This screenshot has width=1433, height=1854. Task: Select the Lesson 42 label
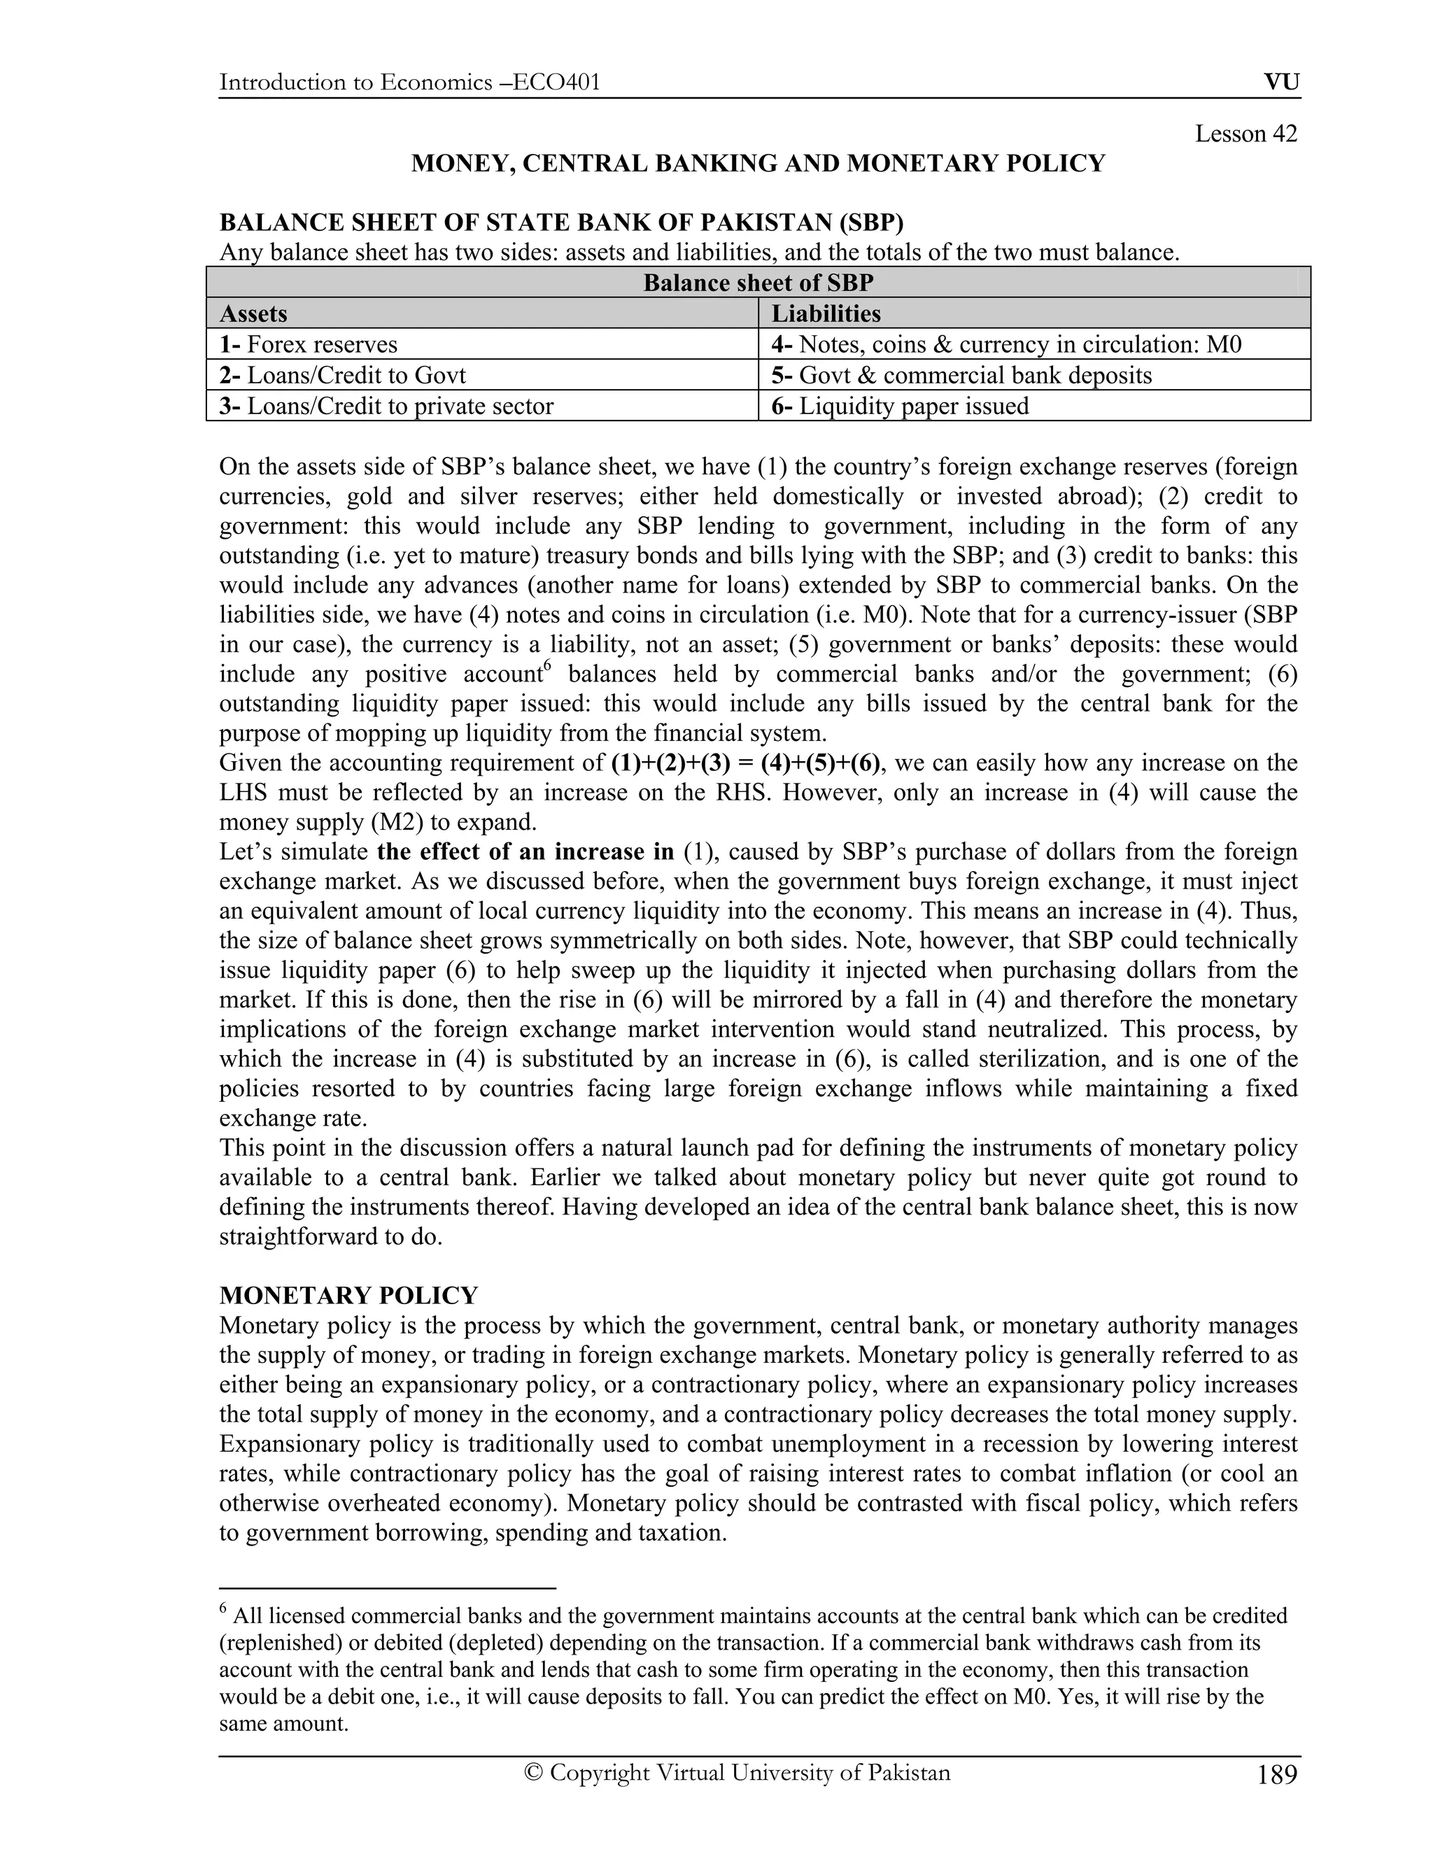[1245, 133]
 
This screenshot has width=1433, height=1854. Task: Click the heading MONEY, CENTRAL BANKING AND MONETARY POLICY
[758, 163]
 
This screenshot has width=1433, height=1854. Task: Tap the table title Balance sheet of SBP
[758, 283]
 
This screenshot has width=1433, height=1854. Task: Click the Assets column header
[253, 313]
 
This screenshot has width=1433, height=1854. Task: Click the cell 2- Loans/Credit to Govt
[342, 374]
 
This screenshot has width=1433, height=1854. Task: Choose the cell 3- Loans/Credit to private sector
[386, 406]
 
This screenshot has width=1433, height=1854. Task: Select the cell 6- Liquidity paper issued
[900, 406]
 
